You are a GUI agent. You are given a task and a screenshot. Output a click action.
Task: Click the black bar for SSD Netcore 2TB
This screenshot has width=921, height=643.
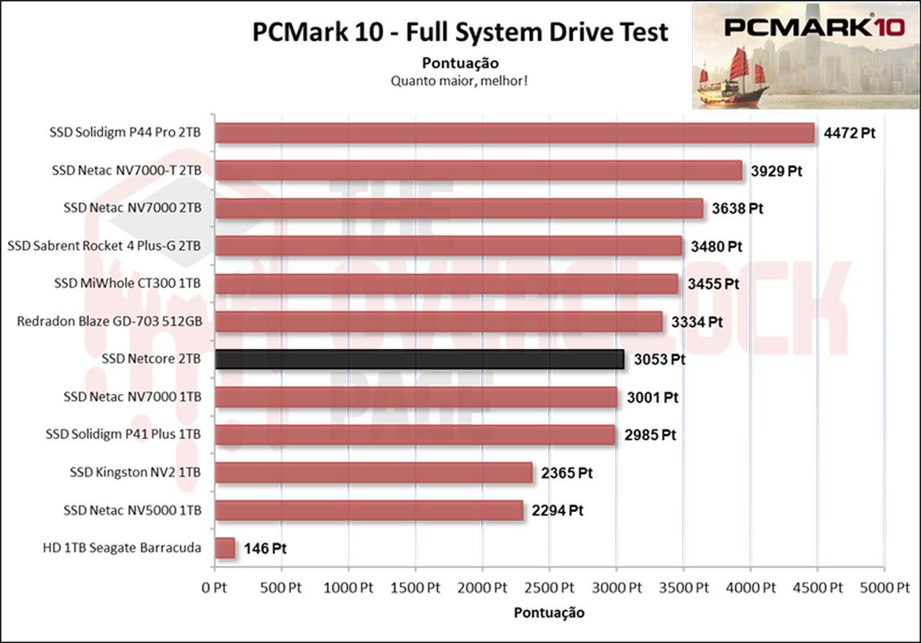[x=419, y=359]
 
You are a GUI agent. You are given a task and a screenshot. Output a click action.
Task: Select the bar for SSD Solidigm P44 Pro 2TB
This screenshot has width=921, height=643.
[x=514, y=133]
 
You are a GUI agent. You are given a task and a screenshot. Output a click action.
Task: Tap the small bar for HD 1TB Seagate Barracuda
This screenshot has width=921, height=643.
[x=225, y=548]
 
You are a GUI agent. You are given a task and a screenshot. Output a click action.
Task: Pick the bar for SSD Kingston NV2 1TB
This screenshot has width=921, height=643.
[x=373, y=473]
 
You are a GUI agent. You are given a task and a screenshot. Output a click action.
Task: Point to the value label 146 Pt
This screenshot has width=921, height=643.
[x=265, y=549]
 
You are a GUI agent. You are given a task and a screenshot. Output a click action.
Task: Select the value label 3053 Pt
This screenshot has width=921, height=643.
[x=659, y=360]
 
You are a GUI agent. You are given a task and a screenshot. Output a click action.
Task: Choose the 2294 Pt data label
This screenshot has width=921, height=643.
[x=557, y=511]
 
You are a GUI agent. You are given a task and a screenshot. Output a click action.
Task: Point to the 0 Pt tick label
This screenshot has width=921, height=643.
[x=214, y=588]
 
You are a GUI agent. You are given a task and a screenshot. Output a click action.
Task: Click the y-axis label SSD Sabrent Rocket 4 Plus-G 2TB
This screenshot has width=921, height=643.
[x=104, y=246]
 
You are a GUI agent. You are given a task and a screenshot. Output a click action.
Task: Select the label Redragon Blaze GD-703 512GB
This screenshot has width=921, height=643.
[x=109, y=321]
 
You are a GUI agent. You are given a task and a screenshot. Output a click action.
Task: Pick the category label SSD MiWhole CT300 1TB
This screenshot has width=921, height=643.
[x=127, y=283]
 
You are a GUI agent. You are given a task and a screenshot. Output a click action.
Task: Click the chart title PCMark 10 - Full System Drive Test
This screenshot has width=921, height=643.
[x=460, y=32]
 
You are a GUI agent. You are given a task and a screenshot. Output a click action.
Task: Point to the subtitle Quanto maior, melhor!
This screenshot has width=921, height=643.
[x=460, y=81]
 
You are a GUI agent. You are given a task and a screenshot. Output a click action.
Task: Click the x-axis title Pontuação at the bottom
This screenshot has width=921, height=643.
[x=549, y=613]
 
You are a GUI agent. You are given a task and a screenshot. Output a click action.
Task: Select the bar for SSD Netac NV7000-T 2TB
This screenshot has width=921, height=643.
[x=478, y=170]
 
